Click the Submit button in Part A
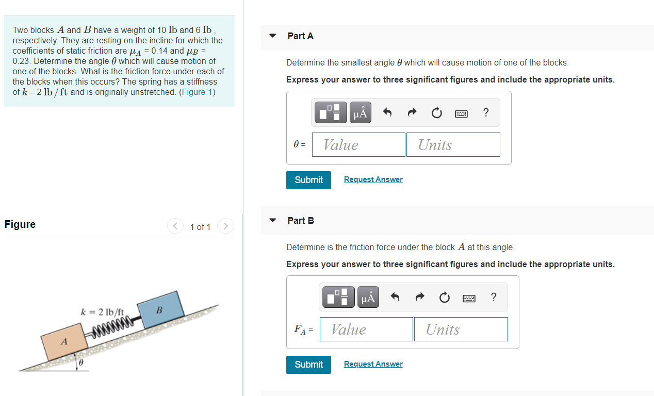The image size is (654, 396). click(308, 180)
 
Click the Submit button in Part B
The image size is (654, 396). click(308, 365)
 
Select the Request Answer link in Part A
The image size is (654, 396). click(373, 179)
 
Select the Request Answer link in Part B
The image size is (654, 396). click(373, 364)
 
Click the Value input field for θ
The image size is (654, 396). click(364, 145)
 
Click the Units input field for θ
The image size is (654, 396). click(453, 145)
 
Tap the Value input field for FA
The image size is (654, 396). click(366, 329)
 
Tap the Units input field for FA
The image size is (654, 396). click(461, 329)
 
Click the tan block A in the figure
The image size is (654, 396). click(65, 341)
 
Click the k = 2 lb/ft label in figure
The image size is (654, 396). click(103, 312)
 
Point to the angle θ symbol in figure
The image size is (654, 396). click(80, 363)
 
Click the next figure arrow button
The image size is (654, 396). click(225, 226)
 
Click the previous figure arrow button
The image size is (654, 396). click(175, 226)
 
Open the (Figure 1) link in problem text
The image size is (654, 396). click(197, 92)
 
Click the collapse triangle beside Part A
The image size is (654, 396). click(273, 36)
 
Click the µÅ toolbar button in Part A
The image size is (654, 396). click(361, 113)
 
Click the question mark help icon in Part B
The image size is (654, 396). click(494, 297)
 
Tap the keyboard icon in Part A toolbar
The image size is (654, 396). click(461, 113)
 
